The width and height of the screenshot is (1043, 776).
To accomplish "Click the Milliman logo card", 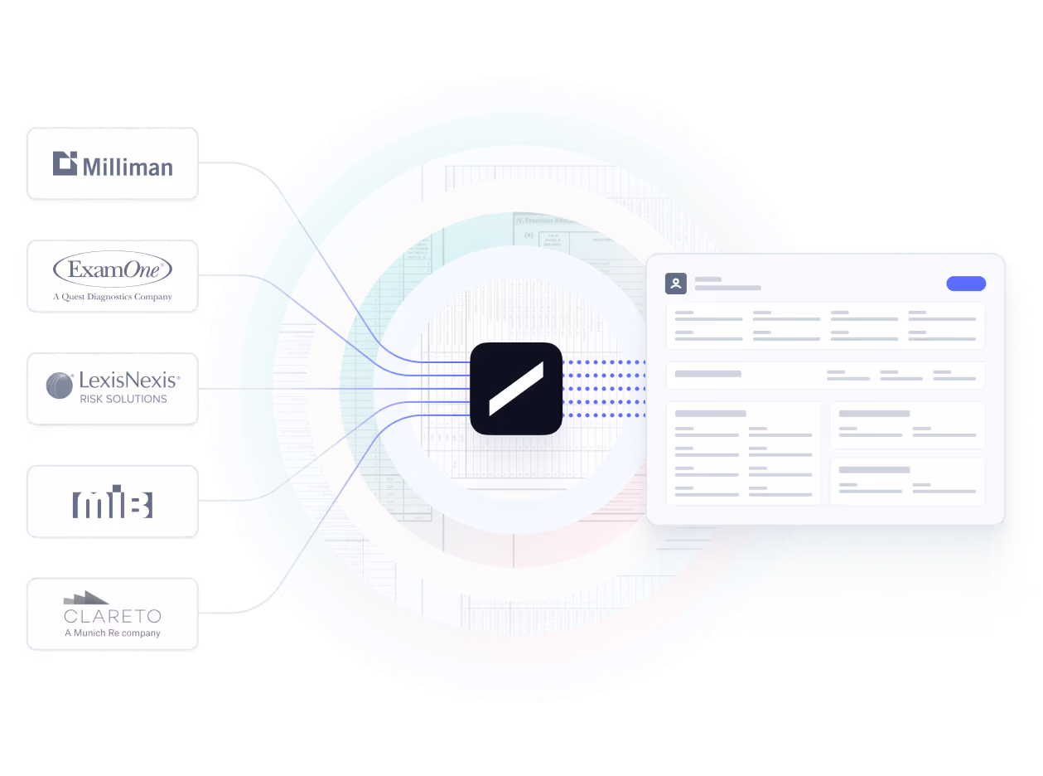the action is coord(112,164).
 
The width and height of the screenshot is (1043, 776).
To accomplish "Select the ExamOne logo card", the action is coord(112,277).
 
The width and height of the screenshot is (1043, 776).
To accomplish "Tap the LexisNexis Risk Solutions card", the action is coord(112,389).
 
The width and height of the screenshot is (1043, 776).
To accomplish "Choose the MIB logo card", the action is coord(112,502).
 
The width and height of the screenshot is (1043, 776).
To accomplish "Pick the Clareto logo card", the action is coord(112,614).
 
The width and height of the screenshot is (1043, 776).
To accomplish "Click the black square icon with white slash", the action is coord(515,388).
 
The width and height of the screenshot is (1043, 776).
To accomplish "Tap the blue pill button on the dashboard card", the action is coord(965,284).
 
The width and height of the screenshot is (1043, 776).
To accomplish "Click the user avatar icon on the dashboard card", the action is coord(676,284).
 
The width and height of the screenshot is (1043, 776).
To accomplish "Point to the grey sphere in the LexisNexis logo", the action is coord(60,386).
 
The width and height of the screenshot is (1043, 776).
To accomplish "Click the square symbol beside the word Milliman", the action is coord(65,163).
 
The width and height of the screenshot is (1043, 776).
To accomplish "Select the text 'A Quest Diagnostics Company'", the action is coord(113,297).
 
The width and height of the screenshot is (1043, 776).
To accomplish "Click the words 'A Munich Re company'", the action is coord(113,633).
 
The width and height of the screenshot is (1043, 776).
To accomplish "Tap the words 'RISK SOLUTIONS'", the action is coord(123,399).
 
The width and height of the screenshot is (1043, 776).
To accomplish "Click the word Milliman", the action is coord(128,167).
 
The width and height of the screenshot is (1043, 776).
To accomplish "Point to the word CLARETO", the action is coord(113,617).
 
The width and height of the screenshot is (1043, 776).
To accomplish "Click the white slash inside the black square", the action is coord(515,388).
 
